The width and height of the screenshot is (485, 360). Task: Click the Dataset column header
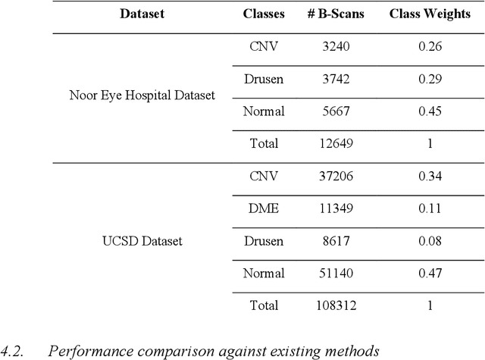point(142,14)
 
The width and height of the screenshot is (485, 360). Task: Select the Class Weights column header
point(430,14)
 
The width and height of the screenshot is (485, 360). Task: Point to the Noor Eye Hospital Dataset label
point(142,95)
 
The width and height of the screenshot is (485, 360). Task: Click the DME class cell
point(263,209)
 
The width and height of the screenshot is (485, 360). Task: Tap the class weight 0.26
point(430,47)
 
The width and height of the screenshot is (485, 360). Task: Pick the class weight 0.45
point(430,111)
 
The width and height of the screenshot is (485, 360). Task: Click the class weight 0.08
point(430,241)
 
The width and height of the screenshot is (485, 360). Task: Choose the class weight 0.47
point(430,274)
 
